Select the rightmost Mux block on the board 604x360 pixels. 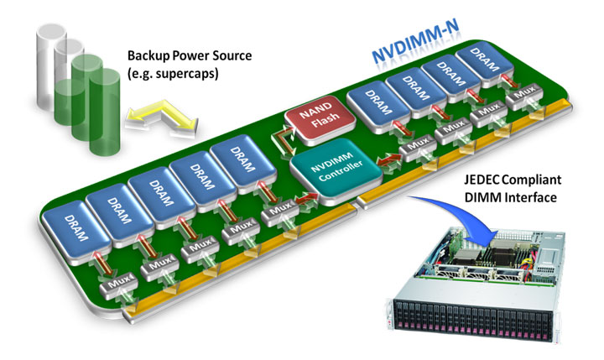pos(526,98)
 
